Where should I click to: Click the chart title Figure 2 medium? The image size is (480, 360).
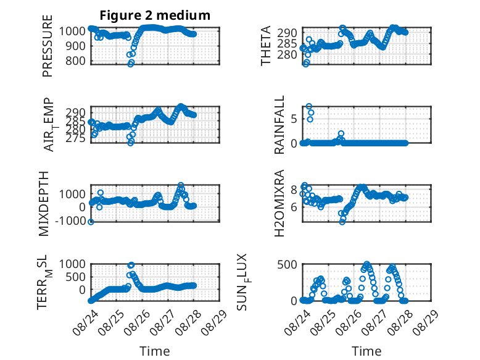coord(155,15)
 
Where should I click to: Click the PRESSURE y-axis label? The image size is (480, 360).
coord(48,46)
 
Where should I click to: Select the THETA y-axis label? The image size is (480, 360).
coord(266,46)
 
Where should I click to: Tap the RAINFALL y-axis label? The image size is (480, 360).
coord(279,125)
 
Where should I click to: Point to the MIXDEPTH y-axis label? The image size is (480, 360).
coord(44,204)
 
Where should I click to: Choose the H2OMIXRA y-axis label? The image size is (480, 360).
coord(279,203)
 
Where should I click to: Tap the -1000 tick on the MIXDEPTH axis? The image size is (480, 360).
coord(70,220)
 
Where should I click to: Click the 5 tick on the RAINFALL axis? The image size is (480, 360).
coord(294,119)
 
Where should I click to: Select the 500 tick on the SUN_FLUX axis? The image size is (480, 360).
coord(287,264)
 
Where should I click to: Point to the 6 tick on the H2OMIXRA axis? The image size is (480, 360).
coord(294,207)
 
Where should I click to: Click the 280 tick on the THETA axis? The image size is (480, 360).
coord(287,55)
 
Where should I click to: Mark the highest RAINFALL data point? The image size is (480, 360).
coord(309,106)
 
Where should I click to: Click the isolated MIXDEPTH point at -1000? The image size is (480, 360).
coord(91,222)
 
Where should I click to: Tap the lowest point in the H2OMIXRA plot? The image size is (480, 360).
coord(342,222)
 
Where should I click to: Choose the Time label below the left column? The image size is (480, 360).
coord(155,351)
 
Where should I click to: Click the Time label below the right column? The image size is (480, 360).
coord(366,351)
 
